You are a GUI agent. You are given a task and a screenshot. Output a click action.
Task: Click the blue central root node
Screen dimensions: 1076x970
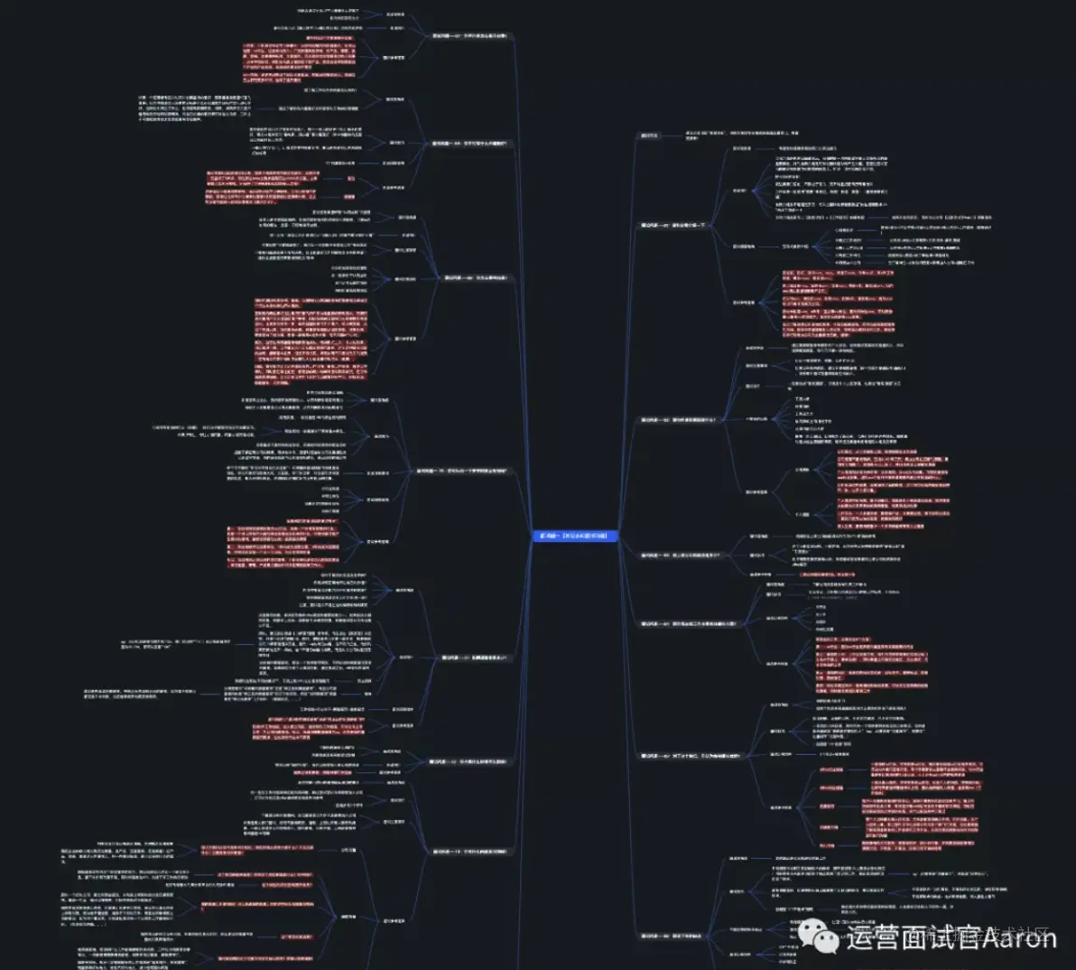click(x=575, y=536)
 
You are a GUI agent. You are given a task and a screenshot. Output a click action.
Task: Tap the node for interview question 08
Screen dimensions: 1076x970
click(x=468, y=143)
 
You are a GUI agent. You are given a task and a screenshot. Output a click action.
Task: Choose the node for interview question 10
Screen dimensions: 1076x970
click(x=460, y=471)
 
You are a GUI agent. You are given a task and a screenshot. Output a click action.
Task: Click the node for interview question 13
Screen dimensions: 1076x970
click(x=469, y=851)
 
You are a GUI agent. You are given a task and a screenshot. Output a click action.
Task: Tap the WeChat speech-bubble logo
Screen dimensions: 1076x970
click(x=823, y=937)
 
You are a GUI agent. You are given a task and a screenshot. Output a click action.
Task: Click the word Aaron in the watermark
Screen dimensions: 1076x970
click(x=1018, y=937)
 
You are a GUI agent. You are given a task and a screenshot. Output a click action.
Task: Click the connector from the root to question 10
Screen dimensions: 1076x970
click(x=524, y=501)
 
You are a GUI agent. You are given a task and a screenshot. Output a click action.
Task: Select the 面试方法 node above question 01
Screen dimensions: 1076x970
click(x=649, y=135)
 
